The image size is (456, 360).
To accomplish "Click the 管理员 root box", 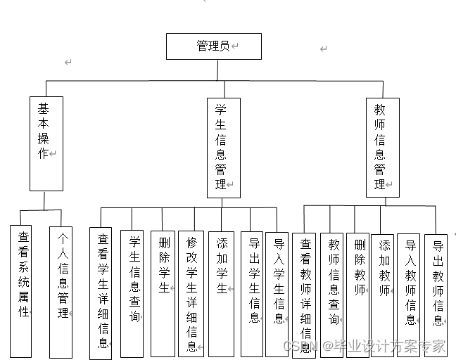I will [x=213, y=46].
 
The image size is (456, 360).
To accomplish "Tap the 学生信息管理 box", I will [x=223, y=148].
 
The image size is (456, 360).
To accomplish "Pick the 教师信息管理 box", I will [x=382, y=148].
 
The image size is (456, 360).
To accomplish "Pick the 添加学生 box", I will [x=222, y=281].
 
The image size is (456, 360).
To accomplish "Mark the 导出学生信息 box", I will [x=253, y=292].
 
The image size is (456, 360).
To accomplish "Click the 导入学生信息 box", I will [x=277, y=292].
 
